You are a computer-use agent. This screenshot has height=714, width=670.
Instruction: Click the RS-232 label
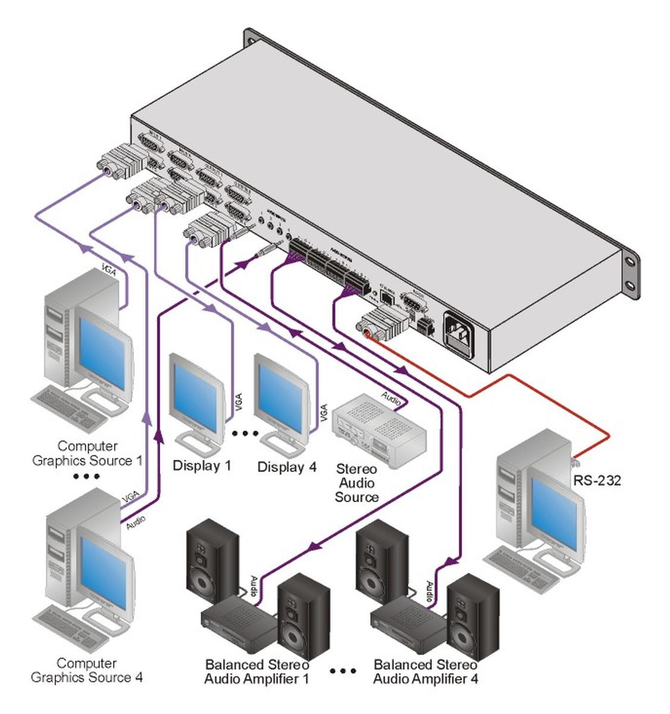point(597,480)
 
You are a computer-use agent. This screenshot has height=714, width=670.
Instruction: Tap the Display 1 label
point(202,465)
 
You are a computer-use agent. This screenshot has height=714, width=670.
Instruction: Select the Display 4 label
point(287,466)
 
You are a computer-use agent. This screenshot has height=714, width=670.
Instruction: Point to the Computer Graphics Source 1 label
point(87,453)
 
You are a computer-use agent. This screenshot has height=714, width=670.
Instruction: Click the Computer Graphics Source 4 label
point(87,670)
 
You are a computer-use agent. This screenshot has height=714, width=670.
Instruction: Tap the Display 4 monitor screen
point(278,395)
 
